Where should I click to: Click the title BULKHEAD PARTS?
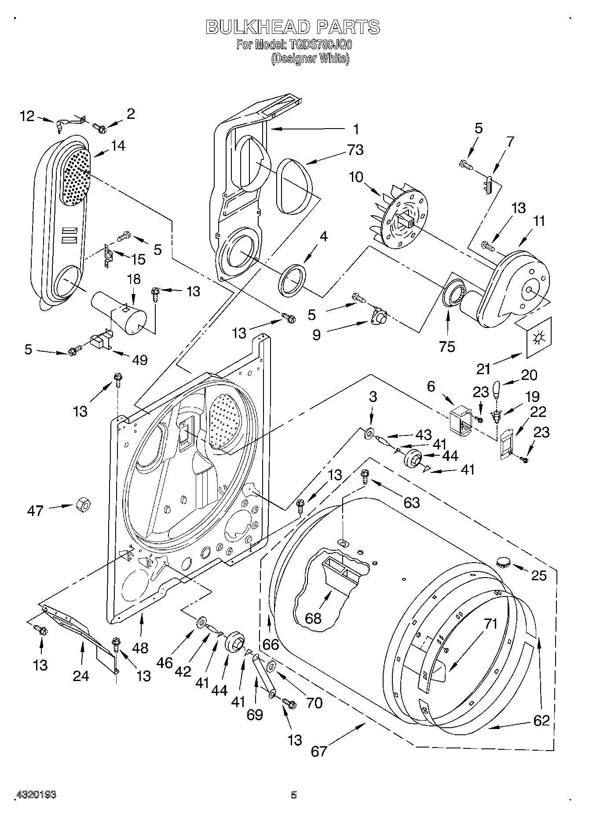pyautogui.click(x=293, y=27)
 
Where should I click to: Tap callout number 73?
pyautogui.click(x=355, y=150)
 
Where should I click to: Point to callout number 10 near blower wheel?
pyautogui.click(x=356, y=177)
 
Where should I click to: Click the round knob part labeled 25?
pyautogui.click(x=503, y=562)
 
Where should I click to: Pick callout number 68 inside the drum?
pyautogui.click(x=313, y=619)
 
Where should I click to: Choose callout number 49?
pyautogui.click(x=139, y=360)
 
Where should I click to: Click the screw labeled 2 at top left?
pyautogui.click(x=100, y=128)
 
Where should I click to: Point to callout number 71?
pyautogui.click(x=490, y=624)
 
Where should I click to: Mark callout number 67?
pyautogui.click(x=319, y=751)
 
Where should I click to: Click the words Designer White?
pyautogui.click(x=310, y=59)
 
